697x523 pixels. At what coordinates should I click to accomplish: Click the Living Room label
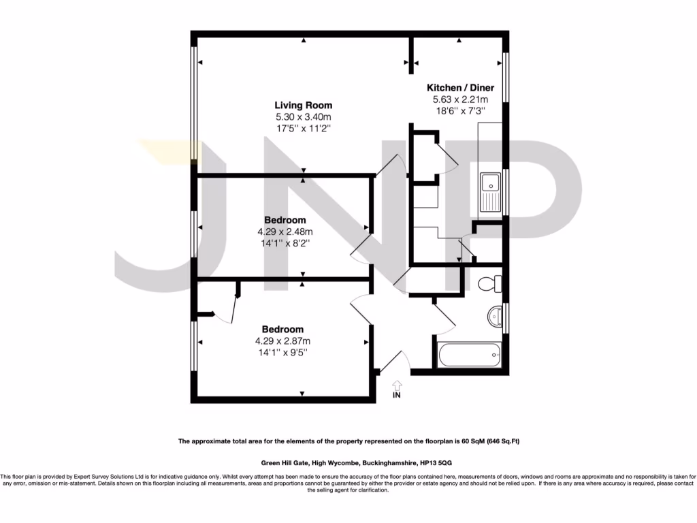click(x=303, y=105)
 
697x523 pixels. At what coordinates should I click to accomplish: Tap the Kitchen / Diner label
click(x=460, y=88)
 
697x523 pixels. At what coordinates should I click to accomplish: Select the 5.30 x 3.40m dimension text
click(x=303, y=116)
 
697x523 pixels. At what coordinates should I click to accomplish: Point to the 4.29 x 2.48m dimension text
click(x=285, y=232)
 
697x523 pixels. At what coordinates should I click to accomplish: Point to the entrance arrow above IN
click(x=397, y=385)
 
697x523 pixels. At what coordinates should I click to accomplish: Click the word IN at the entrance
click(x=397, y=396)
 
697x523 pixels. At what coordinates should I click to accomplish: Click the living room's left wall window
click(x=194, y=102)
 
